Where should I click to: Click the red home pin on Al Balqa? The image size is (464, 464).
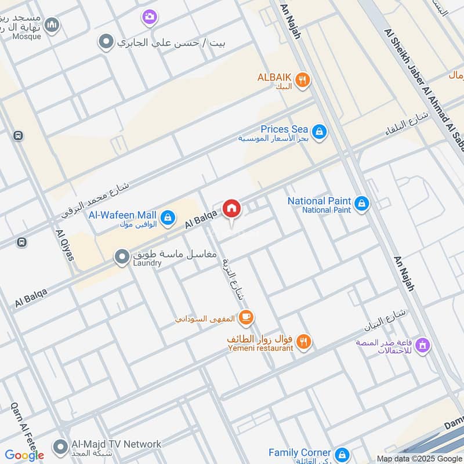point(231,208)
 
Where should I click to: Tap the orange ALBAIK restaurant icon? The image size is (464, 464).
point(302,81)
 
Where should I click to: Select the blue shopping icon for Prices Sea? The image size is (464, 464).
point(318,133)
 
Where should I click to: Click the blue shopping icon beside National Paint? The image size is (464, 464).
point(362,204)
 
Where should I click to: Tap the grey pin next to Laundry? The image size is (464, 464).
point(122,257)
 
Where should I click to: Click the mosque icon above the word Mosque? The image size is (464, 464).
point(52,25)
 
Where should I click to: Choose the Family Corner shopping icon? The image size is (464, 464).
point(342,454)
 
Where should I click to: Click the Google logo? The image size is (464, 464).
point(24,455)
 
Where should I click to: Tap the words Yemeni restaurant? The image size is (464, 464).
point(260,348)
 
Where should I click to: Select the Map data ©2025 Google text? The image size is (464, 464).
point(419,458)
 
